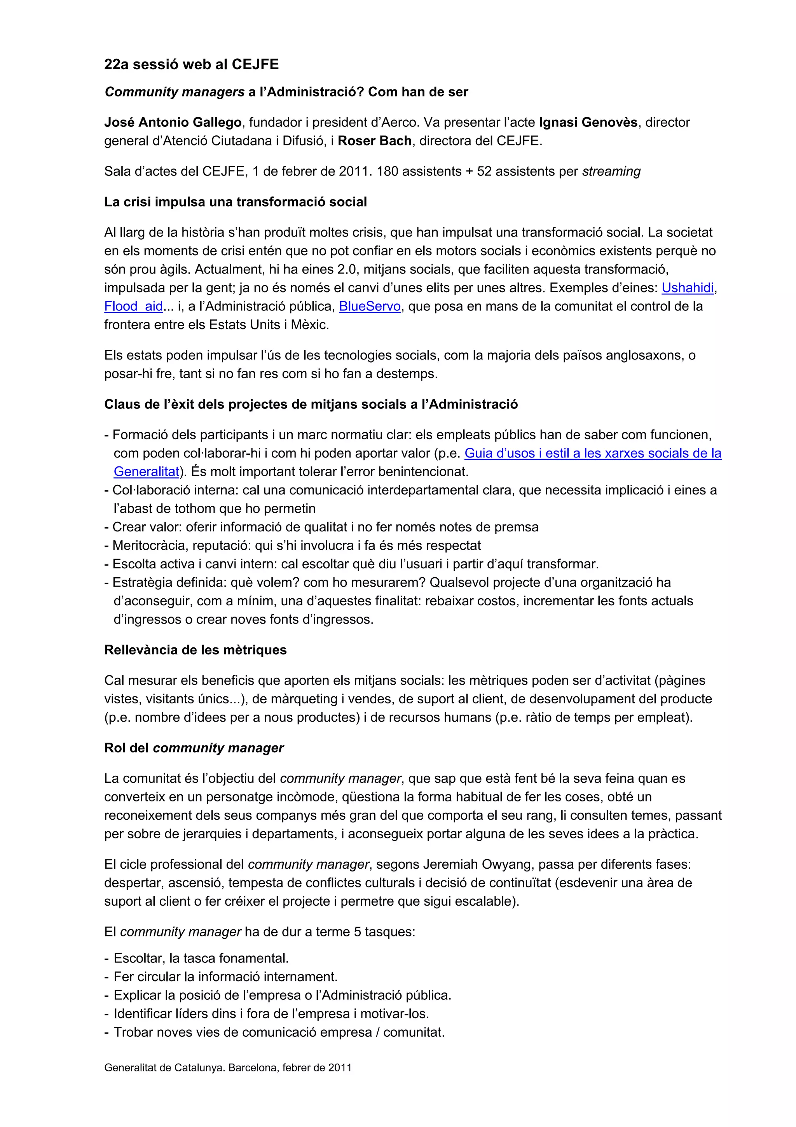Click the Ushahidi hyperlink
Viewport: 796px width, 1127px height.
[x=687, y=287]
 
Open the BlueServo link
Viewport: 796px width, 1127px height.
[x=370, y=306]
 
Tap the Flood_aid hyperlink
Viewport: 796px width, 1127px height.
[x=133, y=306]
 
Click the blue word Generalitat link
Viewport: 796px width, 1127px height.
[x=146, y=472]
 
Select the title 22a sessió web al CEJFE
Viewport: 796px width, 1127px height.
[x=191, y=64]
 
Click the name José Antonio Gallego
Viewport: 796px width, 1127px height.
[x=173, y=122]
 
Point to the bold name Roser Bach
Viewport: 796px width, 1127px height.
[x=374, y=141]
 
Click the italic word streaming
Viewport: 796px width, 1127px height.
[x=611, y=171]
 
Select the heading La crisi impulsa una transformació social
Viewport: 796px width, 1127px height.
[x=236, y=202]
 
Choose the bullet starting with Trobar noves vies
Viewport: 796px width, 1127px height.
[x=279, y=1032]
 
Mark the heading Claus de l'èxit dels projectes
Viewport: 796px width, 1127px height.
[x=311, y=405]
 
